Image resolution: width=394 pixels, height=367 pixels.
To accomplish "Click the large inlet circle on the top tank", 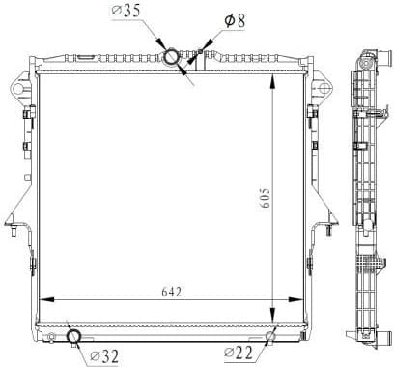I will coord(172,58).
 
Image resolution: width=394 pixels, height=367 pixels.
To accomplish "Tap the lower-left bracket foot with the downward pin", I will coord(12,227).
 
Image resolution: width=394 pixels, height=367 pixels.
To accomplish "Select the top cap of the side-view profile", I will coord(367,53).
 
